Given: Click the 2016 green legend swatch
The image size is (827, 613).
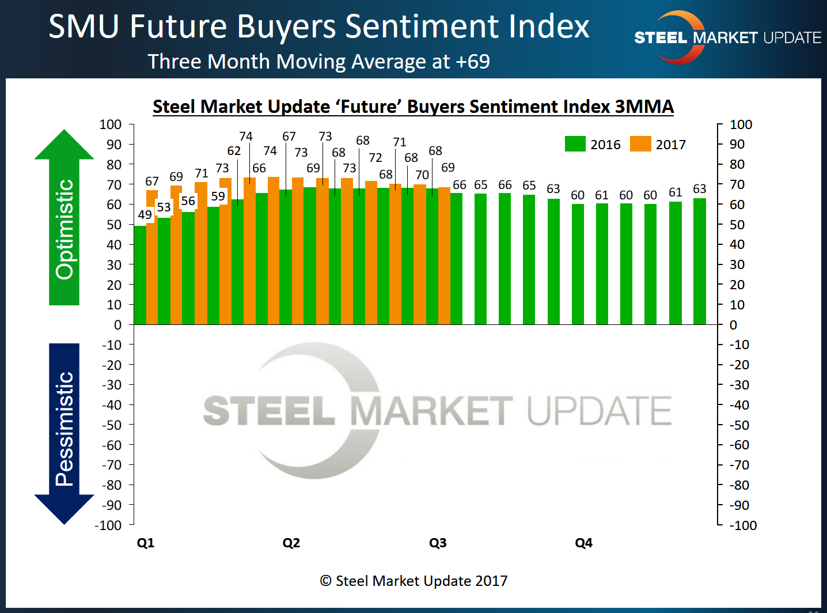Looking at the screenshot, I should tap(575, 144).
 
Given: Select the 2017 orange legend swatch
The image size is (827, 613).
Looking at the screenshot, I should tap(640, 144).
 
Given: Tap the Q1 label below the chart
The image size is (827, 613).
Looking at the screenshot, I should tap(146, 543).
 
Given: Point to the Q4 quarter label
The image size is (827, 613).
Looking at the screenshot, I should tap(583, 543).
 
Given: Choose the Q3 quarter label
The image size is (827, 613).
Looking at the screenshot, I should tap(438, 543).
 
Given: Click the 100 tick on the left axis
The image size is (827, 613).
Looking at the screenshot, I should tap(111, 124).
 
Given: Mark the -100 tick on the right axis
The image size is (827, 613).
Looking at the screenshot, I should tap(743, 525).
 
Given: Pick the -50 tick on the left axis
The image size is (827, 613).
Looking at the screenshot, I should tap(112, 425).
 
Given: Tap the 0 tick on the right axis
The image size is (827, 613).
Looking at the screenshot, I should tap(733, 325).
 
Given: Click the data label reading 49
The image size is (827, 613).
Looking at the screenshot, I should tap(145, 215).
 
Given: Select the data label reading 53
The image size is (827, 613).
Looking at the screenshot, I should tap(164, 207).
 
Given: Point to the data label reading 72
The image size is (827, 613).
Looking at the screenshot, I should tap(375, 157).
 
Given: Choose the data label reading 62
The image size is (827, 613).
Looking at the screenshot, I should tap(234, 151).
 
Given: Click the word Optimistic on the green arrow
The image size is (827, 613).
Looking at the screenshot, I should tap(65, 229).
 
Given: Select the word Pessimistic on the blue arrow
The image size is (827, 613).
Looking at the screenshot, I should tap(65, 429).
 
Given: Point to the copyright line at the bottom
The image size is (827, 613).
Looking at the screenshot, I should tap(413, 581).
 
